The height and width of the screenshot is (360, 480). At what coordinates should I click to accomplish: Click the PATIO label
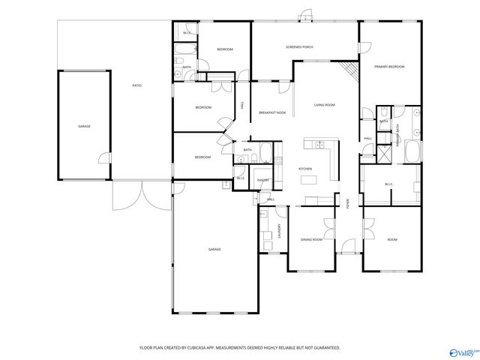pos(137,85)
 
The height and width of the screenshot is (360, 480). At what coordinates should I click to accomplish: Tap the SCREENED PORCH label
pos(299,47)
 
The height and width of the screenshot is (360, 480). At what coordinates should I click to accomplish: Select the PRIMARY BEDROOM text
pos(389,67)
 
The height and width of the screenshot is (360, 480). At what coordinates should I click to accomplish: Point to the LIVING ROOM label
pos(324,105)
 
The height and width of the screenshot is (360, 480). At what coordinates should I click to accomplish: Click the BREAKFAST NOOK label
pos(272,112)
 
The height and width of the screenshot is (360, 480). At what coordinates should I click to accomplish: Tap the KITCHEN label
pos(305,169)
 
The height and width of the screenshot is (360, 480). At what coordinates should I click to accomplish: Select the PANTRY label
pos(262,180)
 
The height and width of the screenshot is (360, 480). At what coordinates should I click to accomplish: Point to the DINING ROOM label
pos(311,239)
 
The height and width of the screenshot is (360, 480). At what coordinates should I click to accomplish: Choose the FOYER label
pos(347,203)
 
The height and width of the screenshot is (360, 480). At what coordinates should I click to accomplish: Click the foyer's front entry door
pos(347,247)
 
